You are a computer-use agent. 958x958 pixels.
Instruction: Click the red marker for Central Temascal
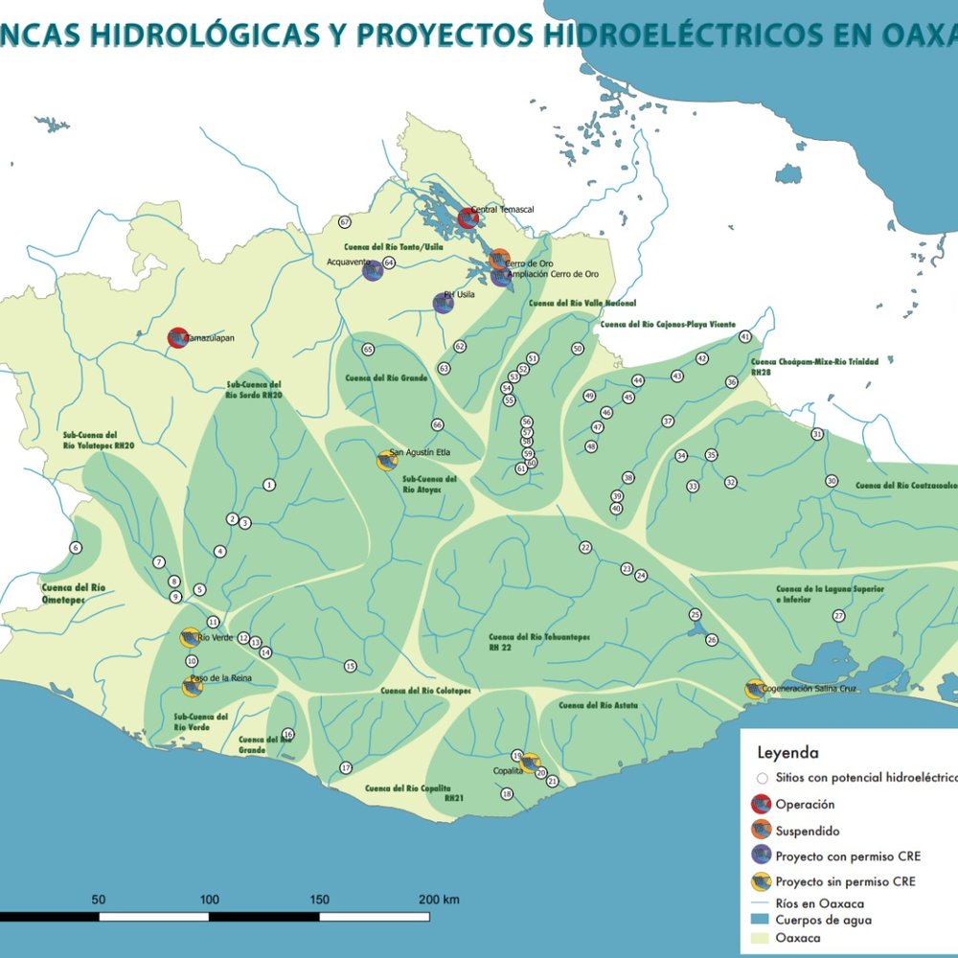(468, 217)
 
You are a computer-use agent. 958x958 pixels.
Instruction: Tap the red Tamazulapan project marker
(177, 337)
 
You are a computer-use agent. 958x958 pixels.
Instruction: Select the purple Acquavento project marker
(373, 270)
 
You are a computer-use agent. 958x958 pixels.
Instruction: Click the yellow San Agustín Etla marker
(385, 460)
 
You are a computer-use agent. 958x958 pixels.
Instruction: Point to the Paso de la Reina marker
(193, 686)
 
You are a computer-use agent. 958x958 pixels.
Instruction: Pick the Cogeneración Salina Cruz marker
(755, 689)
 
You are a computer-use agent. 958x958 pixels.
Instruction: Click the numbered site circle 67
(345, 222)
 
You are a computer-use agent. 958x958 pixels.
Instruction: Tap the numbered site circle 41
(745, 336)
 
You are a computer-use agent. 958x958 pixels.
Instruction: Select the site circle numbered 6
(76, 548)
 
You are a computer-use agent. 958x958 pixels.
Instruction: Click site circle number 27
(838, 616)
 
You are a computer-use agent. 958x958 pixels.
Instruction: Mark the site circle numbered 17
(346, 767)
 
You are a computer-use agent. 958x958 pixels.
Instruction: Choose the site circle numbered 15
(351, 666)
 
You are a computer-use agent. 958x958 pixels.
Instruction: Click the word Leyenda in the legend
(787, 753)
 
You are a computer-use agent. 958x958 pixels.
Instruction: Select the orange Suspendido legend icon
(763, 830)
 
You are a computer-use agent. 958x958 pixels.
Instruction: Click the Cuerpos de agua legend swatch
(761, 920)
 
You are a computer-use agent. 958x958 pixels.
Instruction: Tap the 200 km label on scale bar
(439, 900)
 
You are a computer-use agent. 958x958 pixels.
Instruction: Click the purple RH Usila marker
(443, 304)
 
